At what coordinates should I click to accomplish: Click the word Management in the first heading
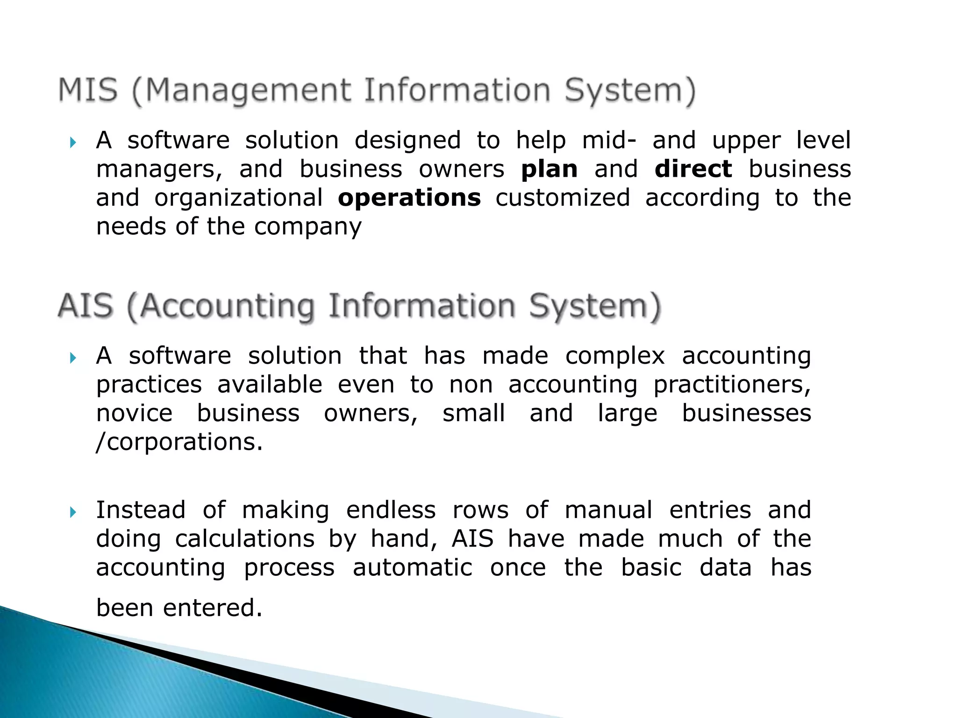coord(248,91)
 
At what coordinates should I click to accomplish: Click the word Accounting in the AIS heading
coord(227,307)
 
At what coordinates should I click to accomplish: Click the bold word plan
coord(549,169)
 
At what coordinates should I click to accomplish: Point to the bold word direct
coord(693,169)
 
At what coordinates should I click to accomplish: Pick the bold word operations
coord(409,198)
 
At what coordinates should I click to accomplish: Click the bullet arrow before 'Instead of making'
coord(72,512)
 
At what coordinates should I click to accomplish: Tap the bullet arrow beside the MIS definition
coord(72,142)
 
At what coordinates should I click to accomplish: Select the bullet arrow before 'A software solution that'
coord(72,358)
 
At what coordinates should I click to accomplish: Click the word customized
coord(563,198)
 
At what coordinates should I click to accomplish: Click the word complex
coord(614,356)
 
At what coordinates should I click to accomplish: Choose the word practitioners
coord(732,385)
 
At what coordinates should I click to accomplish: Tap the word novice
coord(135,414)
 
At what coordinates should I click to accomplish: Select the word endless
coord(391,510)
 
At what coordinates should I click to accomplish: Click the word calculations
coord(245,539)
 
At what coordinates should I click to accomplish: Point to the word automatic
coord(412,568)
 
